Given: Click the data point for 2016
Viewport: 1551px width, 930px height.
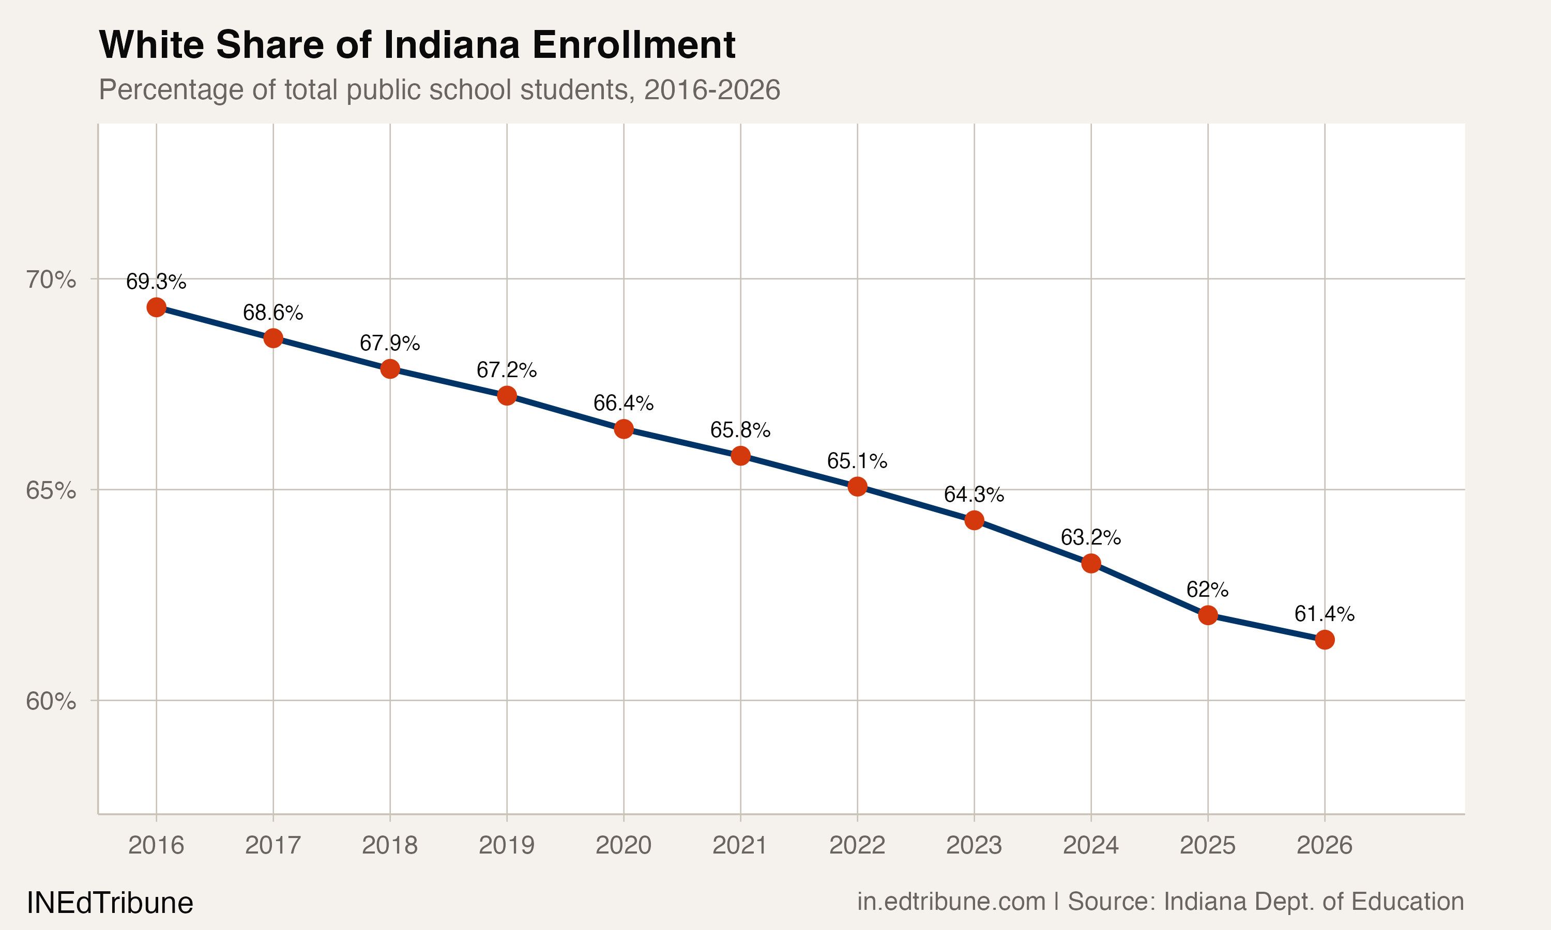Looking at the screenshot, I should (x=156, y=307).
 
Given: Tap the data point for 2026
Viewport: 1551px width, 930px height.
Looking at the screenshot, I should (x=1324, y=639).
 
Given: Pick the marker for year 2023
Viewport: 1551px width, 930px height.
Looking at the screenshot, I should (x=974, y=520).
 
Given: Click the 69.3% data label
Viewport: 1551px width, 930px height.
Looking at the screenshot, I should (x=156, y=282).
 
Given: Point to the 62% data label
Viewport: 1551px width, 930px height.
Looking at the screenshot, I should (x=1207, y=589).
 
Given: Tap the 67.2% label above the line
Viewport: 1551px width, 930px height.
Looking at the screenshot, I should (x=506, y=370).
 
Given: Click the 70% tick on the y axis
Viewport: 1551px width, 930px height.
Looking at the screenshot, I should (x=51, y=279).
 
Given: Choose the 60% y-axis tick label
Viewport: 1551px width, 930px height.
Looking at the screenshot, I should (x=51, y=701).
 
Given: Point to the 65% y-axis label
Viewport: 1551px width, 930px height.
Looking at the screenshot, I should (x=51, y=490).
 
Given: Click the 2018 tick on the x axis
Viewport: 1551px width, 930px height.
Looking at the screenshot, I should (x=389, y=845).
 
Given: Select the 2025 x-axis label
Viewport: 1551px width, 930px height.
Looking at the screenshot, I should (x=1207, y=845).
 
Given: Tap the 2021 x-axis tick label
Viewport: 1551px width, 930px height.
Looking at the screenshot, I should (x=740, y=845).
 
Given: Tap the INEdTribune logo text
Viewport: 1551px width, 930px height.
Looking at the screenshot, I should (x=110, y=903).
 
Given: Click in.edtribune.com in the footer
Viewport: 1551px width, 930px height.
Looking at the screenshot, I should (x=951, y=901).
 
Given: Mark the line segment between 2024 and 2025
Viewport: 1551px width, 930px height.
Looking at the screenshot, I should (x=1149, y=589).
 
